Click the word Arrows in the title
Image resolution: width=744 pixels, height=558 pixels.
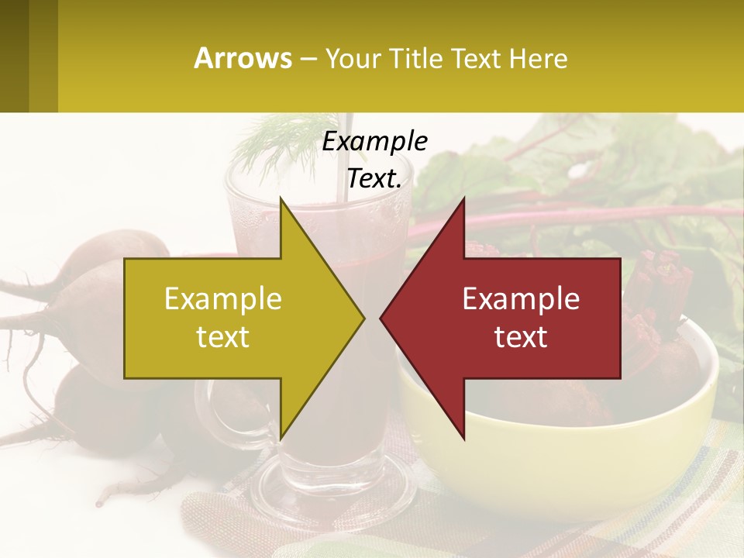pos(243,58)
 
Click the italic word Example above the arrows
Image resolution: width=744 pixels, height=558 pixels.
pos(375,141)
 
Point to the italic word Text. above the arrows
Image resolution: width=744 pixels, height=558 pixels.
pos(375,178)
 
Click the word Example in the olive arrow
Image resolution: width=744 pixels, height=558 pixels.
pos(223,298)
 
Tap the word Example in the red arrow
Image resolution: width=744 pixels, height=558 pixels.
pos(521,298)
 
